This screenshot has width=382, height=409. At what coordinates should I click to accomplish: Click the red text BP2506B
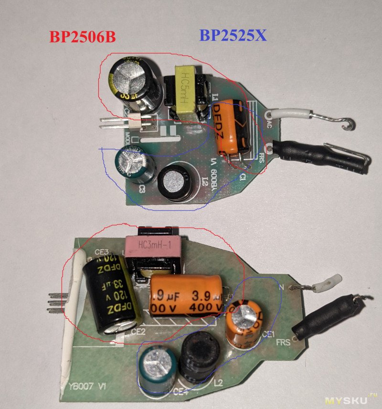pos(81,37)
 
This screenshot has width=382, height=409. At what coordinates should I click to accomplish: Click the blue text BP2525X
pos(233,35)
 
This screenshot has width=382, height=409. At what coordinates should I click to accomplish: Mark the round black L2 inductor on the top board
pos(174,183)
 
